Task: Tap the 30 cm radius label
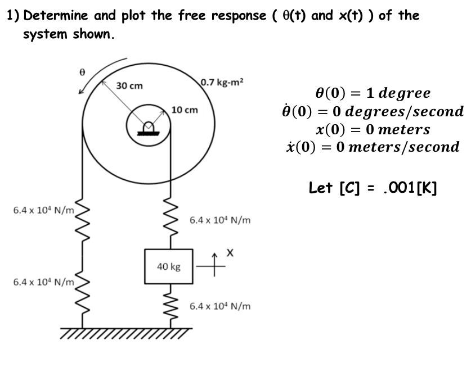pos(129,86)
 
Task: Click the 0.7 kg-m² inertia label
pos(222,82)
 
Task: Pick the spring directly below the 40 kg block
pos(168,306)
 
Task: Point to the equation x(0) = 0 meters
pos(373,129)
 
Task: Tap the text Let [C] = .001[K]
pos(373,187)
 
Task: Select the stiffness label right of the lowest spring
pos(220,307)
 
